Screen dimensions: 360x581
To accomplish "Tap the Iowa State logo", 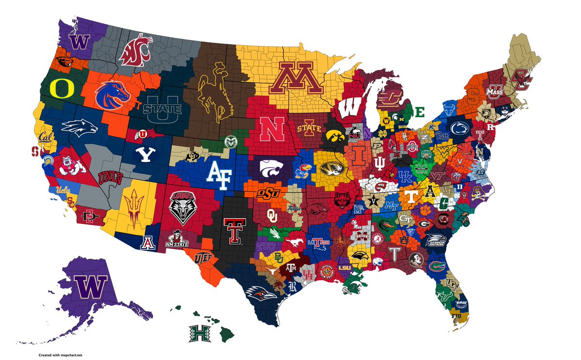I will point(308,129).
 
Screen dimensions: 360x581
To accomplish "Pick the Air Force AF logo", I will point(219,172).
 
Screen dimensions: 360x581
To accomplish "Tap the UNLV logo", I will point(110,178).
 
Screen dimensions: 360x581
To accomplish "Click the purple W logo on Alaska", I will point(89,288).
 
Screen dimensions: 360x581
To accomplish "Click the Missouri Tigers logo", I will point(333,168).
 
